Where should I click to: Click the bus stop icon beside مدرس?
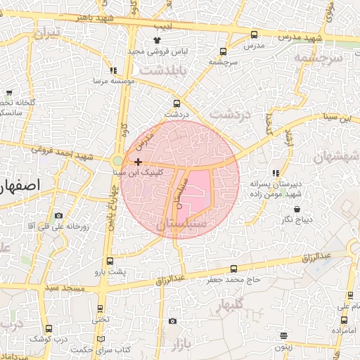[254, 34]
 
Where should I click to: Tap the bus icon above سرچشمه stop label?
[223, 51]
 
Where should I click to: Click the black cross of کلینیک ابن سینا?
[147, 162]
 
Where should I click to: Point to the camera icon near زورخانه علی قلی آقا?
[58, 215]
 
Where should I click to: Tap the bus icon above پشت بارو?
[109, 259]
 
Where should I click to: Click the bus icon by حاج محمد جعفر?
[233, 269]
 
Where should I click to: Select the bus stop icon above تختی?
[101, 309]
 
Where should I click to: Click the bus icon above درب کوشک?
[49, 328]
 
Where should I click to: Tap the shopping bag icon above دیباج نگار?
[297, 210]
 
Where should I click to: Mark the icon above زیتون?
[283, 336]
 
